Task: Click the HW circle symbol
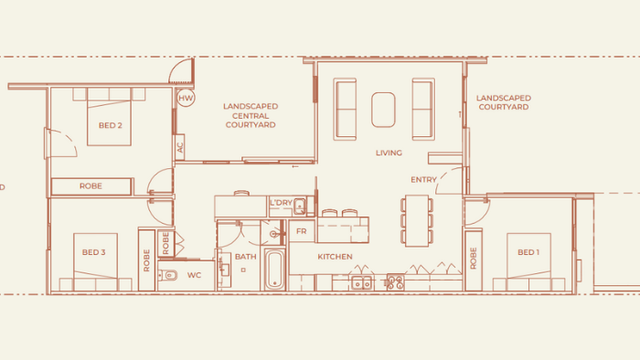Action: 186,98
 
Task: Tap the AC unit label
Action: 180,147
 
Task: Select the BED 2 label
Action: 111,125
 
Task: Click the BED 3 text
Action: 93,252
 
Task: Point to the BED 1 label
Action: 528,252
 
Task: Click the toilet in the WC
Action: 168,276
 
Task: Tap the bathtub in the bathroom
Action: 274,269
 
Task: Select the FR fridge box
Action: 302,231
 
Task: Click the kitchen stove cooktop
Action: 395,281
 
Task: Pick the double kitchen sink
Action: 362,282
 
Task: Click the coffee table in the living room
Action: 383,110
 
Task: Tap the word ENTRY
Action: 423,179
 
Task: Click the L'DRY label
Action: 281,202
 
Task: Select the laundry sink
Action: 299,206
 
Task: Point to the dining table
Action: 417,220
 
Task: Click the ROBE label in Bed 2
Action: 91,185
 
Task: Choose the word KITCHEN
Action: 335,257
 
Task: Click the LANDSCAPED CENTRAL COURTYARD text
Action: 251,115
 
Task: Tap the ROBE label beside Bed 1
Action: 474,258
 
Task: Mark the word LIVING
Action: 389,153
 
